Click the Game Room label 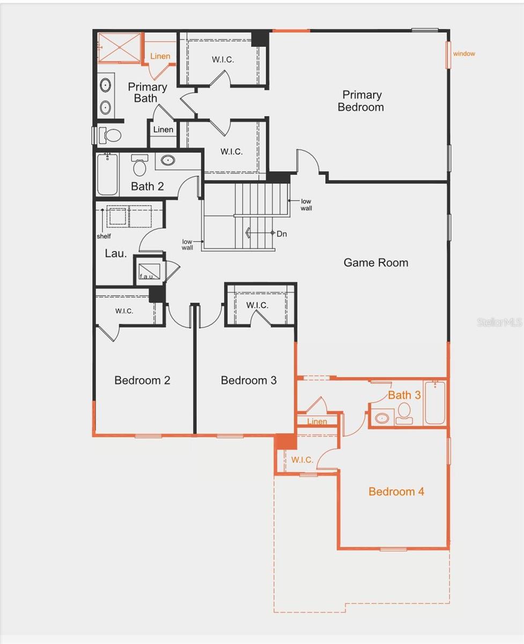point(375,262)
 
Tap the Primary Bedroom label point(361,101)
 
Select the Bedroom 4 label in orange point(396,492)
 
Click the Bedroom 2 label point(142,380)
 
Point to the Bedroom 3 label point(249,380)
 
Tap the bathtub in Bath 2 point(107,174)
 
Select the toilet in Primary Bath point(110,135)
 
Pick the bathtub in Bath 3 point(435,402)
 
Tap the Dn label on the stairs point(282,233)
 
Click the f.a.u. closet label point(146,276)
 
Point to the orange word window point(464,54)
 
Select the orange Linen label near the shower point(160,56)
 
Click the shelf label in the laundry point(104,236)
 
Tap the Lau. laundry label point(116,253)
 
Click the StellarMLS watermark point(499,323)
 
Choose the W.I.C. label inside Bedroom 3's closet point(257,305)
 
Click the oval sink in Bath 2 point(168,159)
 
